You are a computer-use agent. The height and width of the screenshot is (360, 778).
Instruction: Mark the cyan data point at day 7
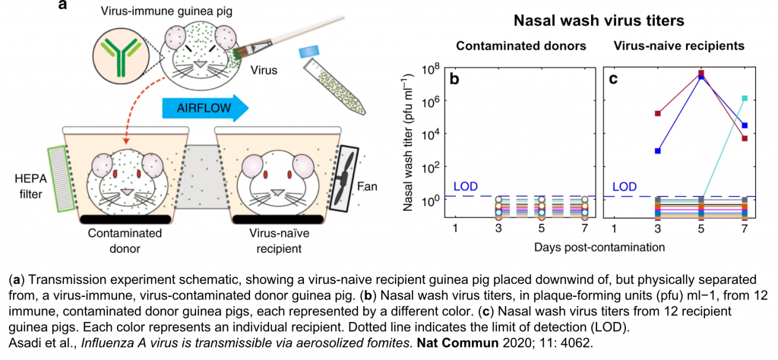coord(745,98)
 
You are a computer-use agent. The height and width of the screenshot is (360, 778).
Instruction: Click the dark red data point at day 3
coord(657,113)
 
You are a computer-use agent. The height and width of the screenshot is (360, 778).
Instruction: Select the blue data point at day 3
coord(657,150)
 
